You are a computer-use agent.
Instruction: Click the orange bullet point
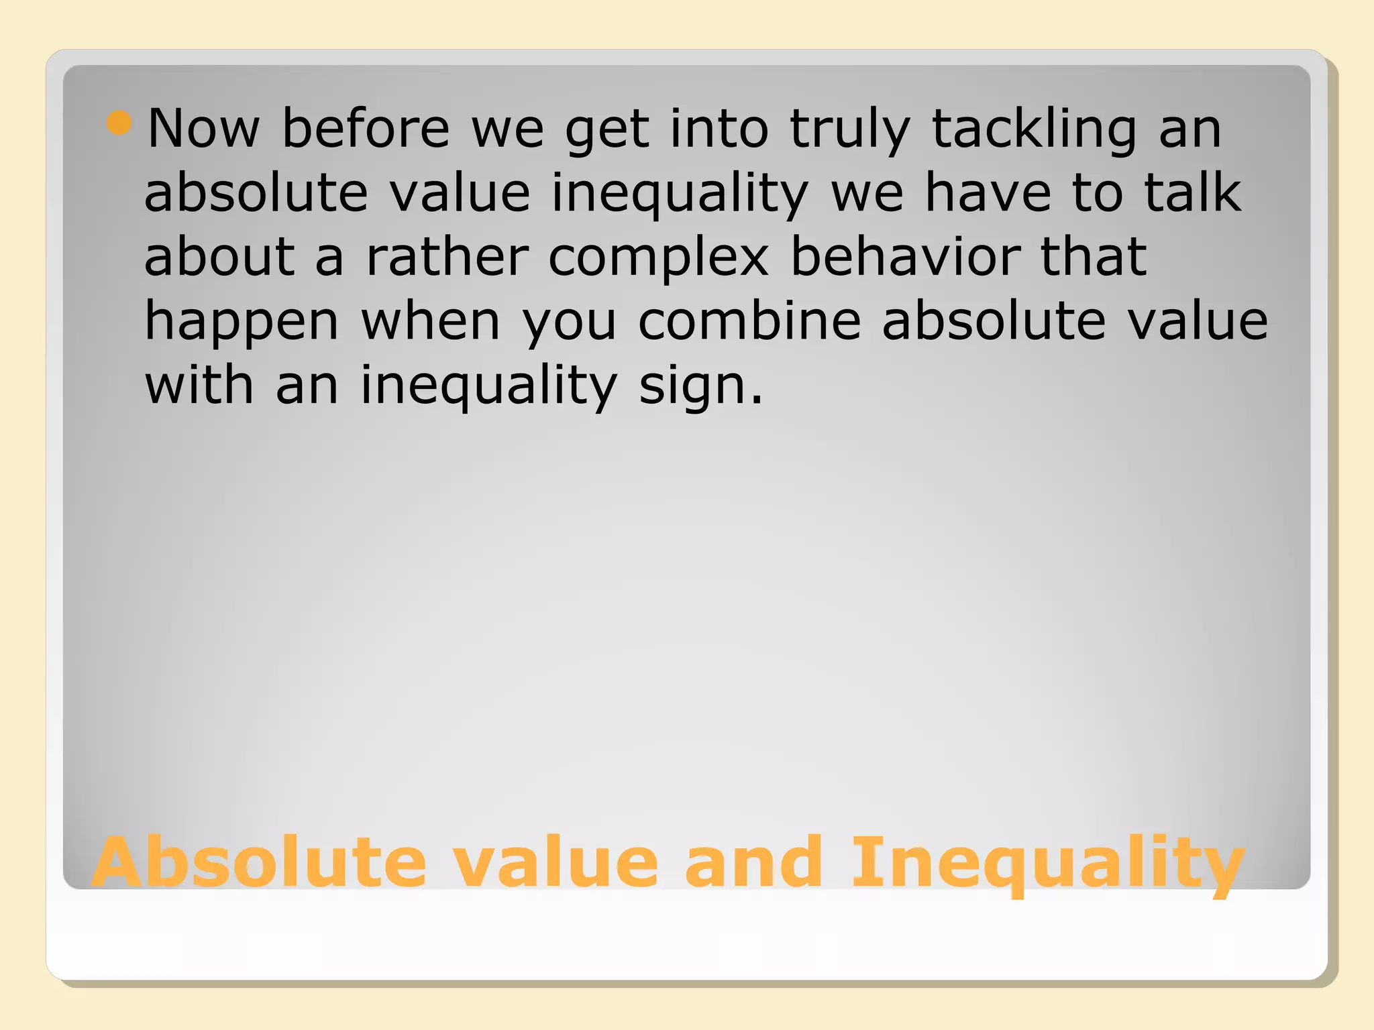(x=119, y=123)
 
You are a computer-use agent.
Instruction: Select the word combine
(x=749, y=321)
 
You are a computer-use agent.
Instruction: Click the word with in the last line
(x=199, y=386)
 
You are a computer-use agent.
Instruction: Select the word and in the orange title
(x=753, y=862)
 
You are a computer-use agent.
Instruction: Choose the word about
(x=219, y=257)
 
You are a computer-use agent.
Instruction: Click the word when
(x=431, y=321)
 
